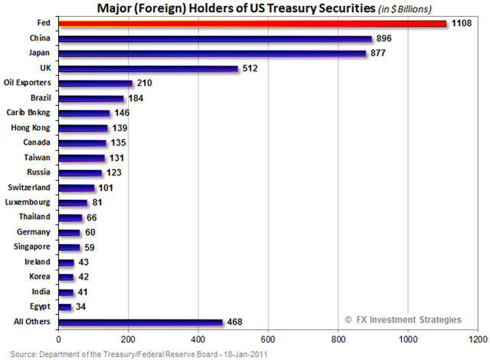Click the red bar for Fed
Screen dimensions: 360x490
pos(252,23)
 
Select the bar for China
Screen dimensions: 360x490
pos(215,38)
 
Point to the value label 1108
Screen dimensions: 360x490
pos(461,23)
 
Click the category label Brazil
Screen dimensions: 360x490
pos(41,97)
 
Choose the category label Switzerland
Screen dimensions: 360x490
pos(30,187)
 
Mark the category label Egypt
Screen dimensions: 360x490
pos(41,306)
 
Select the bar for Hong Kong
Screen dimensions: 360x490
pos(82,128)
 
